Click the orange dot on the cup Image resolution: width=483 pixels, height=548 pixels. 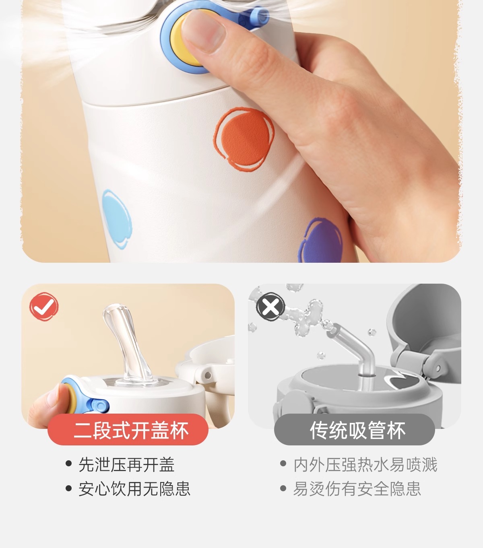coord(245,140)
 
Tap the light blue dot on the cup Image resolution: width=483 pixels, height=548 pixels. coord(117,219)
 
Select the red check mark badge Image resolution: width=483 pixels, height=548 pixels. coord(44,307)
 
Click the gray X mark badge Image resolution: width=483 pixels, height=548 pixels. coord(270,307)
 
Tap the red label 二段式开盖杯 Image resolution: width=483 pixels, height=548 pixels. coord(128,430)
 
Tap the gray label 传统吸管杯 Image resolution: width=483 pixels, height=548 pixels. coord(355,430)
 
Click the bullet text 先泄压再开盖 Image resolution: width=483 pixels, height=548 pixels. coord(126,465)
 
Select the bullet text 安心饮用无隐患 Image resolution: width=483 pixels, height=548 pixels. coord(134,488)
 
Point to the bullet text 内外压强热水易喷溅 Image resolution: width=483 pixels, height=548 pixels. coord(365,465)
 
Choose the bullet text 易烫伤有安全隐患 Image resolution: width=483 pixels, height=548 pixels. coord(357,488)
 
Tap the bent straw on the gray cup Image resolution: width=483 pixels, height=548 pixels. coord(355,349)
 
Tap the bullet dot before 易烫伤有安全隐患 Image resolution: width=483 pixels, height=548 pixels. coord(283,488)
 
